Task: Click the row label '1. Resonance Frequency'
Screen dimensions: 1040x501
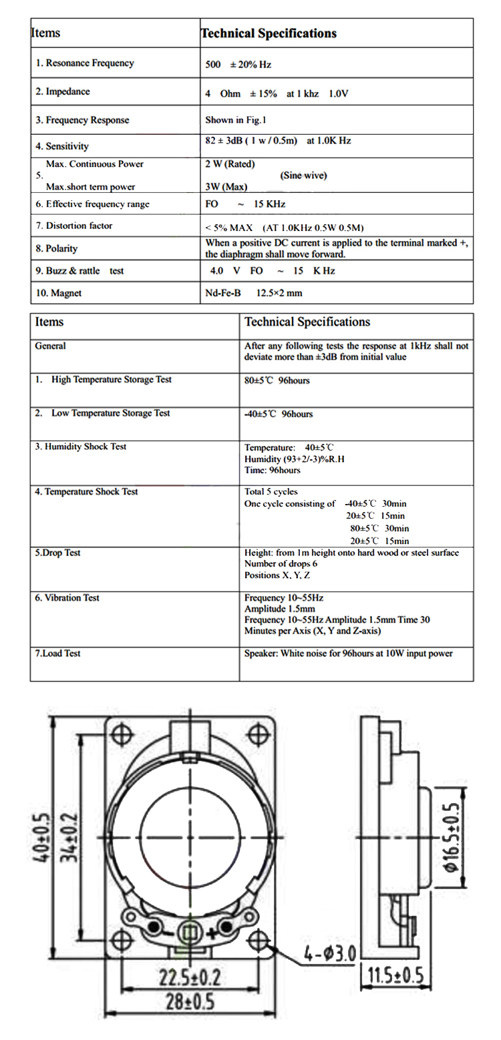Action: pyautogui.click(x=85, y=63)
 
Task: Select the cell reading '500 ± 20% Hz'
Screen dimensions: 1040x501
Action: pyautogui.click(x=238, y=65)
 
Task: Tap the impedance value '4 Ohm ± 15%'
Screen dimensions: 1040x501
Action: pyautogui.click(x=241, y=94)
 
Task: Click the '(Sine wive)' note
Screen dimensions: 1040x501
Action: pyautogui.click(x=304, y=176)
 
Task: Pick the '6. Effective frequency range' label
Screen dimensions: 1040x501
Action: pyautogui.click(x=93, y=204)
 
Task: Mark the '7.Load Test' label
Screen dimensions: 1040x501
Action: pyautogui.click(x=58, y=654)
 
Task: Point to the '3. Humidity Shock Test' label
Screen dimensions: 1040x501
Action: pyautogui.click(x=81, y=447)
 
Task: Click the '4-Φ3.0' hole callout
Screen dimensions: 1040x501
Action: pyautogui.click(x=330, y=952)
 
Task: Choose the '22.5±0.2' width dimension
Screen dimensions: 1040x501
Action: pyautogui.click(x=190, y=978)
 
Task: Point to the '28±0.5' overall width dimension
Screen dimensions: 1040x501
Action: pyautogui.click(x=190, y=1001)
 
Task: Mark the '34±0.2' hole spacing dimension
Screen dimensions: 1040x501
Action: pyautogui.click(x=68, y=837)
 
